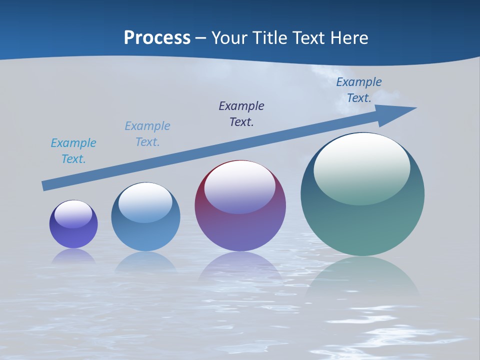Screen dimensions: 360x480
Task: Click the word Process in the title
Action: click(157, 38)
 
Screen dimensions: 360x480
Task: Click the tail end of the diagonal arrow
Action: click(44, 186)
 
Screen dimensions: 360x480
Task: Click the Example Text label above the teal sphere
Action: click(359, 90)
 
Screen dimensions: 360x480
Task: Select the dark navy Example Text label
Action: click(241, 113)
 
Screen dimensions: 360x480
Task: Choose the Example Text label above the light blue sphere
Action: click(147, 133)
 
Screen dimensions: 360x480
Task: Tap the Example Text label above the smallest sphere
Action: click(73, 150)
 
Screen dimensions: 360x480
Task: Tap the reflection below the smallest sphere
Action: click(73, 256)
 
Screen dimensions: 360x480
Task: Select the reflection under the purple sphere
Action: click(240, 267)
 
